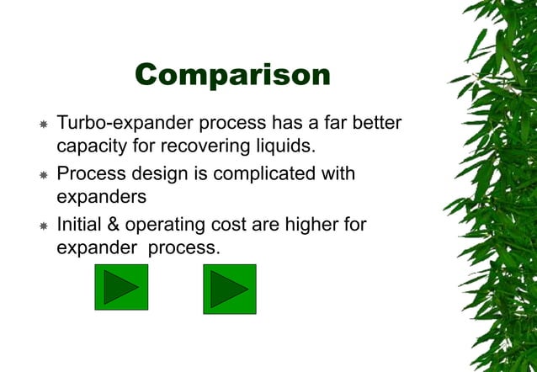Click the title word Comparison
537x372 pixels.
(x=232, y=75)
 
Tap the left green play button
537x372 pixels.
(x=121, y=288)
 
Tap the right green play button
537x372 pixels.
(x=230, y=288)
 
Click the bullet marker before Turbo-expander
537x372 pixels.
(x=43, y=125)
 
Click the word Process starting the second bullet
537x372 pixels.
(x=91, y=174)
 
